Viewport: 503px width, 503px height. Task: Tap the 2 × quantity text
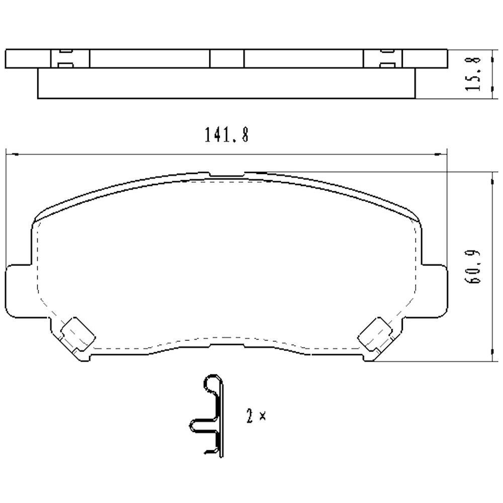(x=256, y=416)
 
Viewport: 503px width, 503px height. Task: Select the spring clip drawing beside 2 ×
(x=209, y=416)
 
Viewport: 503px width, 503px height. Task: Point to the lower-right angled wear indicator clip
(x=376, y=334)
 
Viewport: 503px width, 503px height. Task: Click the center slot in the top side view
(x=226, y=58)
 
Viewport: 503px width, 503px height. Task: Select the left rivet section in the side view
(x=70, y=58)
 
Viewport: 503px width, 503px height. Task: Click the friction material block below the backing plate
(x=226, y=83)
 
